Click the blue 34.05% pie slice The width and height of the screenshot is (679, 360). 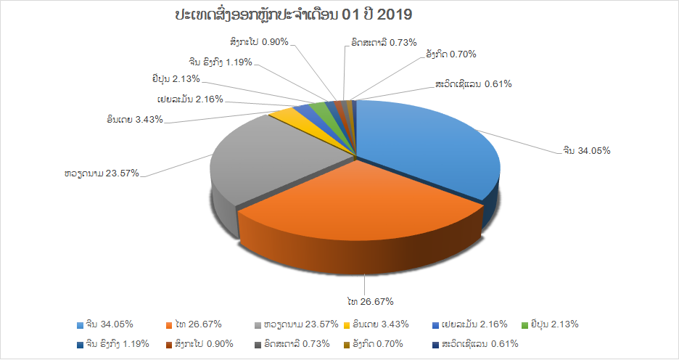pyautogui.click(x=424, y=143)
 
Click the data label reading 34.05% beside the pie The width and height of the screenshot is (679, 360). pyautogui.click(x=587, y=151)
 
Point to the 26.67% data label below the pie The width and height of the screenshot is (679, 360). pyautogui.click(x=370, y=301)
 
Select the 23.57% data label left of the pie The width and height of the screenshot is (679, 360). pyautogui.click(x=102, y=173)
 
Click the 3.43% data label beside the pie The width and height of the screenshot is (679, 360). pyautogui.click(x=135, y=120)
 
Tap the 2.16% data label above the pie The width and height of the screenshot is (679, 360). pyautogui.click(x=190, y=99)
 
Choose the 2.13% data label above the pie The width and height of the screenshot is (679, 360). pyautogui.click(x=176, y=79)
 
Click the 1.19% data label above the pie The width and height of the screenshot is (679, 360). pyautogui.click(x=221, y=62)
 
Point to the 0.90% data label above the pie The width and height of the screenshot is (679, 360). pyautogui.click(x=260, y=42)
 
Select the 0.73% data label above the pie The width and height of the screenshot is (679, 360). pyautogui.click(x=384, y=42)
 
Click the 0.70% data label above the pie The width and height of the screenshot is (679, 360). pyautogui.click(x=451, y=54)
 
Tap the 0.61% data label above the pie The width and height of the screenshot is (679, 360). pyautogui.click(x=473, y=84)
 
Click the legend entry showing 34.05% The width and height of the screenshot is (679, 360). pyautogui.click(x=104, y=324)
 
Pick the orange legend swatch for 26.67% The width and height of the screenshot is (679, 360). pyautogui.click(x=170, y=325)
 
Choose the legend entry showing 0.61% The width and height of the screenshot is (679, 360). pyautogui.click(x=475, y=344)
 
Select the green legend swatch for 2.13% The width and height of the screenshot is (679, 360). pyautogui.click(x=524, y=325)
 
